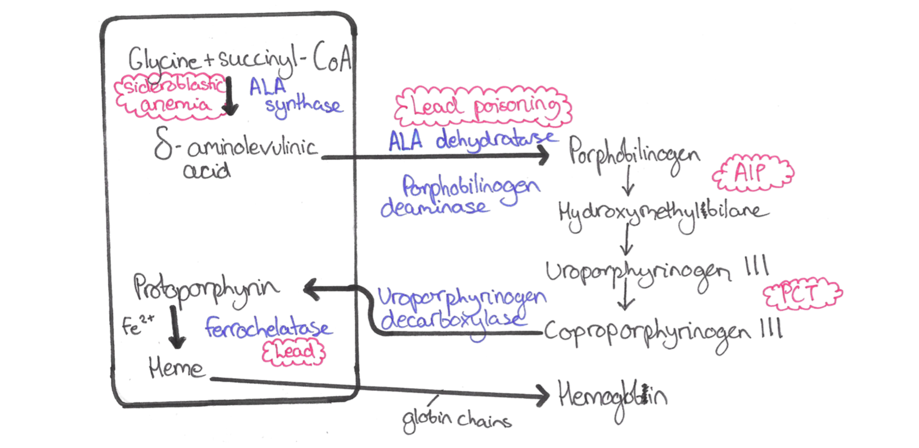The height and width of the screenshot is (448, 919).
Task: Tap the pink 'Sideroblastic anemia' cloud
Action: coord(171,96)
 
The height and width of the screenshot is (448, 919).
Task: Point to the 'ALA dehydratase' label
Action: coord(471,141)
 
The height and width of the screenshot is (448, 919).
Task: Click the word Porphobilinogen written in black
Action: coord(633,154)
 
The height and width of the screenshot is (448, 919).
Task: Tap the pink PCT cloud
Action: coord(802,294)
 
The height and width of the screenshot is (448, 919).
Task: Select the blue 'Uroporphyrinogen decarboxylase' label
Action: coord(459,309)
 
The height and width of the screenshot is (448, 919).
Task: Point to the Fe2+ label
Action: coord(138,324)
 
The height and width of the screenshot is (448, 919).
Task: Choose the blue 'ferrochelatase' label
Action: coord(268,328)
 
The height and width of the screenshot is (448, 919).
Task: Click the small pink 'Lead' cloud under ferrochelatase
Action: coord(294,352)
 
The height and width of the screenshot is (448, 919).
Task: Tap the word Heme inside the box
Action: coord(176,367)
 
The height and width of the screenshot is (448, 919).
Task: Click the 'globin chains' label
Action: coord(457,419)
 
